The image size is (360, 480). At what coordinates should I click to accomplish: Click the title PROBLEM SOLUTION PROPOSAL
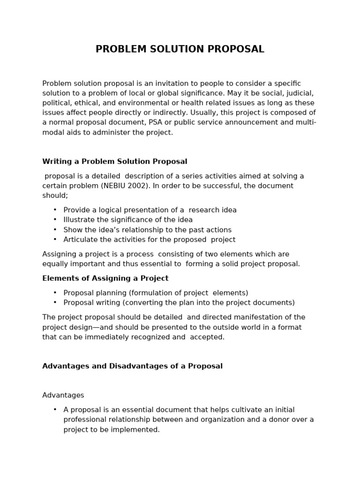[180, 49]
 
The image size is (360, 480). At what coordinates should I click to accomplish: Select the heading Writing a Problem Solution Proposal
[114, 162]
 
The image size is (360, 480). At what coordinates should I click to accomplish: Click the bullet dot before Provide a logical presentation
[55, 210]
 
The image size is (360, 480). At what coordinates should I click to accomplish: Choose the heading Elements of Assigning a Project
[105, 278]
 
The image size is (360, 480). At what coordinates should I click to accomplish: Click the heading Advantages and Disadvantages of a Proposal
[132, 366]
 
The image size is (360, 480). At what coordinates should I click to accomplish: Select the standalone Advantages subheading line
[63, 395]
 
